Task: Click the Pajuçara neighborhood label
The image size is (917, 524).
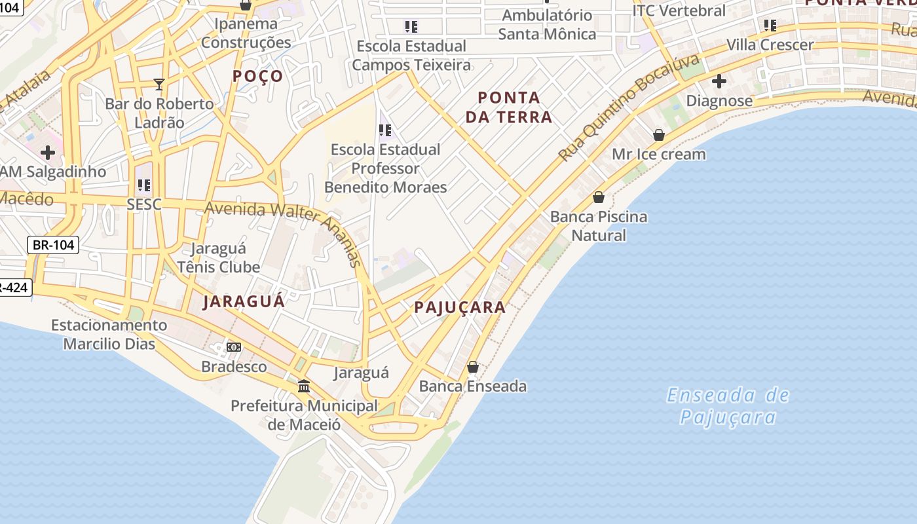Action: click(x=460, y=307)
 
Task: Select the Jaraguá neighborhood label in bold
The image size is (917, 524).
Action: click(x=244, y=301)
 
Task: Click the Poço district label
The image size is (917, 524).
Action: click(x=258, y=76)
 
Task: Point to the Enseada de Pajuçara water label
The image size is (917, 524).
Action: click(x=728, y=406)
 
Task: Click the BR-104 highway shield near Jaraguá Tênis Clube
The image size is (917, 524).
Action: click(x=53, y=246)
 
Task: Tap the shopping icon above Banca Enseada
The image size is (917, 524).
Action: click(x=473, y=367)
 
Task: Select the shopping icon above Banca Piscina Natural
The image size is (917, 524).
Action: click(x=598, y=196)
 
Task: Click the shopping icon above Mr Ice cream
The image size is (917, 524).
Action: click(x=659, y=135)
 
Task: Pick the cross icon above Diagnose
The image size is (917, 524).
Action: click(x=719, y=82)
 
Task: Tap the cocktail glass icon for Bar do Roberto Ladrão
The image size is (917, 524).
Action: click(x=159, y=84)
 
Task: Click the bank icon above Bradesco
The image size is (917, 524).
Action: click(x=234, y=346)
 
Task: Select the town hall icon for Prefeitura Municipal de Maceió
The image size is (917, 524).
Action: click(x=304, y=386)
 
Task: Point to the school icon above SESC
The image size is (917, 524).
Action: click(x=144, y=185)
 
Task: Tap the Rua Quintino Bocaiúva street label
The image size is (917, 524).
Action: click(x=629, y=108)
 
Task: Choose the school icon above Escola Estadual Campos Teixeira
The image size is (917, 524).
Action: click(x=411, y=27)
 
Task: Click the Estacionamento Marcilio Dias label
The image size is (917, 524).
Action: click(x=109, y=334)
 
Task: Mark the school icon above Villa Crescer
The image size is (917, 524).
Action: click(x=770, y=26)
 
